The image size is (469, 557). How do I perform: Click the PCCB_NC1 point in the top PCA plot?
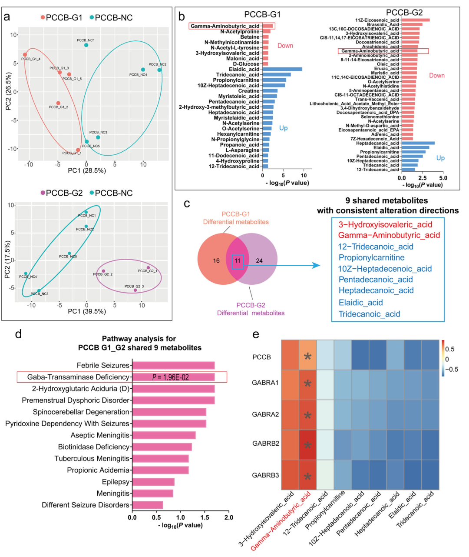pyautogui.click(x=86, y=45)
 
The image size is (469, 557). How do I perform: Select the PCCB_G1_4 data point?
pyautogui.click(x=25, y=55)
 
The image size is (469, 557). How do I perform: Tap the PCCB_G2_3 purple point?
pyautogui.click(x=135, y=290)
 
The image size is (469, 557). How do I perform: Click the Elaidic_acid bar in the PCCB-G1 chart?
pyautogui.click(x=282, y=69)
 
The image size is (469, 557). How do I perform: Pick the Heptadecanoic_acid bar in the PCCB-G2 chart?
pyautogui.click(x=418, y=143)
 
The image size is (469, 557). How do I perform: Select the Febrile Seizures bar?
pyautogui.click(x=173, y=365)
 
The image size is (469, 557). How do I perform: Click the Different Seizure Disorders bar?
pyautogui.click(x=148, y=505)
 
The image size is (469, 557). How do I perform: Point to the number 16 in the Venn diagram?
pyautogui.click(x=216, y=261)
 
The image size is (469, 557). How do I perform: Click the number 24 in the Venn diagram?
pyautogui.click(x=259, y=261)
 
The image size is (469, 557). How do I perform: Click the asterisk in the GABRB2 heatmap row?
pyautogui.click(x=307, y=445)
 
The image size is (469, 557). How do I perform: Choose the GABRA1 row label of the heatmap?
pyautogui.click(x=265, y=383)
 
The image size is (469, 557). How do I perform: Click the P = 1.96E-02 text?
pyautogui.click(x=171, y=377)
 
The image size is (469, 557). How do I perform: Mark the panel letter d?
pyautogui.click(x=18, y=334)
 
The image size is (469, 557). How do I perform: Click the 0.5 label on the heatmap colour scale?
pyautogui.click(x=450, y=349)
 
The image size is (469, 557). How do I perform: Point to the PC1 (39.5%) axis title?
pyautogui.click(x=87, y=311)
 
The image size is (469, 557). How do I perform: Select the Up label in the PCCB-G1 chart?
pyautogui.click(x=283, y=128)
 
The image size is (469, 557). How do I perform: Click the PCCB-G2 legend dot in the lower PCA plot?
pyautogui.click(x=43, y=193)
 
